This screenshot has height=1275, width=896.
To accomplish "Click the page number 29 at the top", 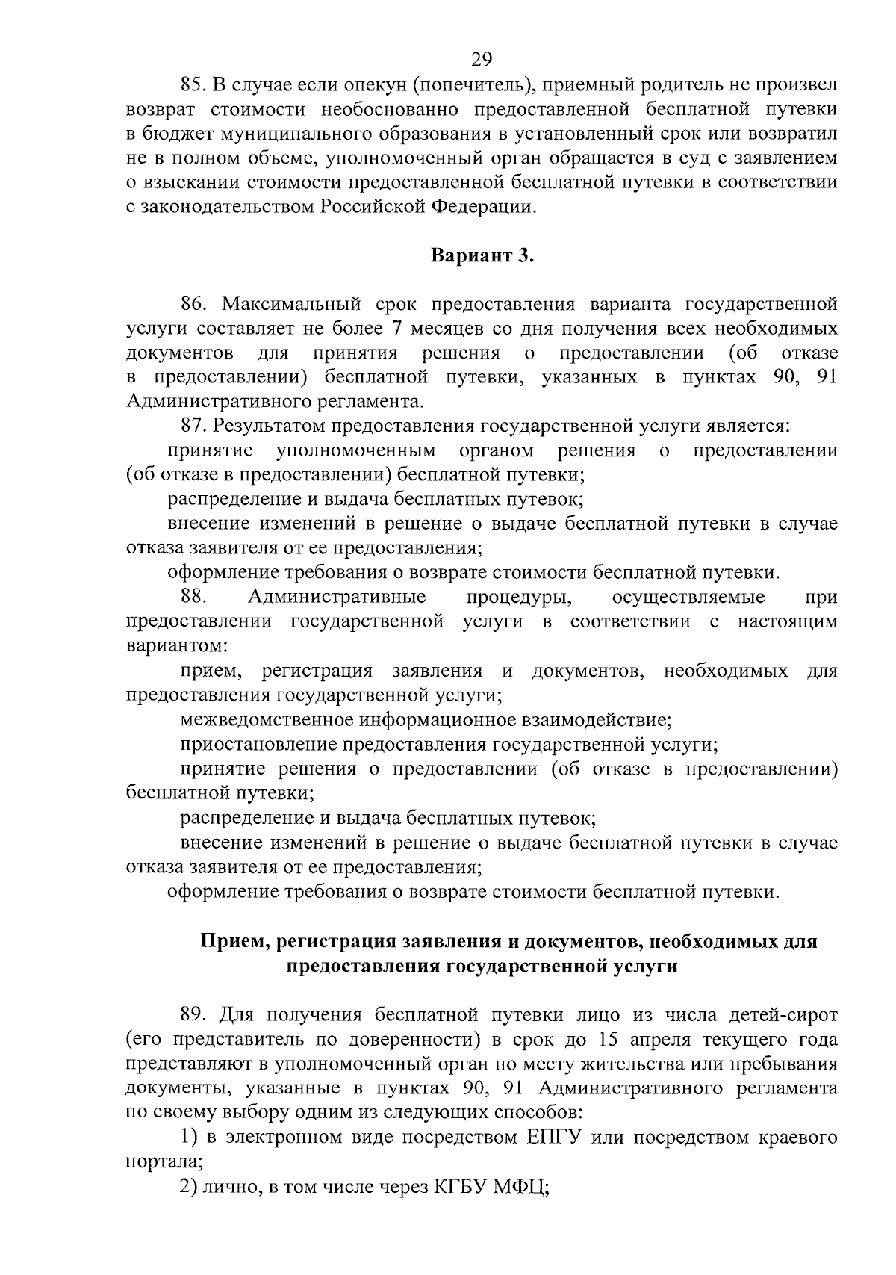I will click(x=482, y=58).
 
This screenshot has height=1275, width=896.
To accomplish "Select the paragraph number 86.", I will click(x=193, y=304).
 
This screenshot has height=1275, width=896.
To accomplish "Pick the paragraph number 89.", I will click(x=193, y=1015).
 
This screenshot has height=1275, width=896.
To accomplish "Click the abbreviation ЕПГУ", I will click(x=558, y=1138).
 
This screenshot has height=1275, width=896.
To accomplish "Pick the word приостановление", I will click(x=258, y=745).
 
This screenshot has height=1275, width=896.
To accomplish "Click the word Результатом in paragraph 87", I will click(x=269, y=426).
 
